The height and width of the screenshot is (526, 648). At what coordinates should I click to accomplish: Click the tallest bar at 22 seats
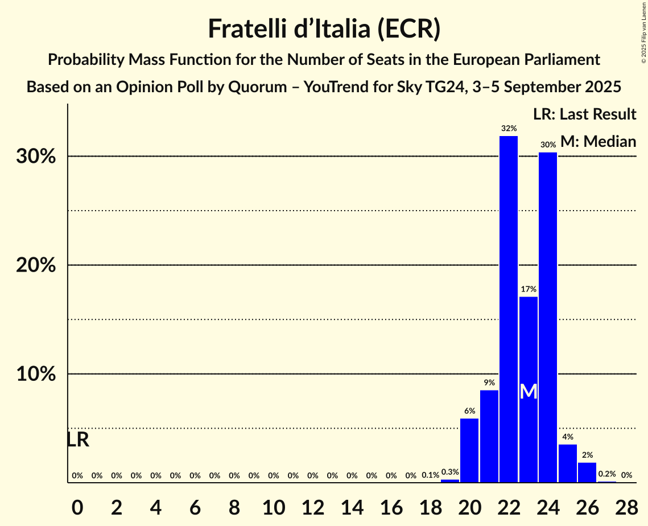[509, 309]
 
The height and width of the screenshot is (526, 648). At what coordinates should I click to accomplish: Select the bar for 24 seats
[548, 317]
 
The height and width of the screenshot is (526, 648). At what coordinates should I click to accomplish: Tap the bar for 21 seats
[489, 436]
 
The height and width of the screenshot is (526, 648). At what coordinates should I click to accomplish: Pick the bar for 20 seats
[469, 450]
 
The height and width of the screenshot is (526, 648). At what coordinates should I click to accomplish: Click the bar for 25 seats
[567, 463]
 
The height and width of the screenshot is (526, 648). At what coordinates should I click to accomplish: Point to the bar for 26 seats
[587, 472]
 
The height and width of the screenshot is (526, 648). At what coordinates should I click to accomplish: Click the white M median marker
[529, 392]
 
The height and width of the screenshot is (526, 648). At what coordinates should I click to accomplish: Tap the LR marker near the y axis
[78, 439]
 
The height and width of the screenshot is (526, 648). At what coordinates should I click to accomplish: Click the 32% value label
[509, 129]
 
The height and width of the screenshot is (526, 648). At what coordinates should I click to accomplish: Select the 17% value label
[529, 289]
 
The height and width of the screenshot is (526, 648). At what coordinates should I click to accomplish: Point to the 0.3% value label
[450, 472]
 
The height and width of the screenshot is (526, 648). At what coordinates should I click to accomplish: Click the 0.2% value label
[606, 474]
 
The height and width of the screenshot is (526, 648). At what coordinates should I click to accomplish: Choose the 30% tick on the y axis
[35, 157]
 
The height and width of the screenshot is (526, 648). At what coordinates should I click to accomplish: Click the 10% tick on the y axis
[35, 374]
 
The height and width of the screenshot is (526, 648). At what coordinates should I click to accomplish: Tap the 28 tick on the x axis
[626, 505]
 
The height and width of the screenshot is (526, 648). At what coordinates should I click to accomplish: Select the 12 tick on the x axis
[313, 505]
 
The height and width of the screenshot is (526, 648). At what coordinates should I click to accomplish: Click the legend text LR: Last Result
[584, 114]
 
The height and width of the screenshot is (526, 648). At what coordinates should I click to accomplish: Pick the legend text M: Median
[598, 141]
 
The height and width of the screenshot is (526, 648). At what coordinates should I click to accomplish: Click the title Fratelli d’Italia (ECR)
[324, 29]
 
